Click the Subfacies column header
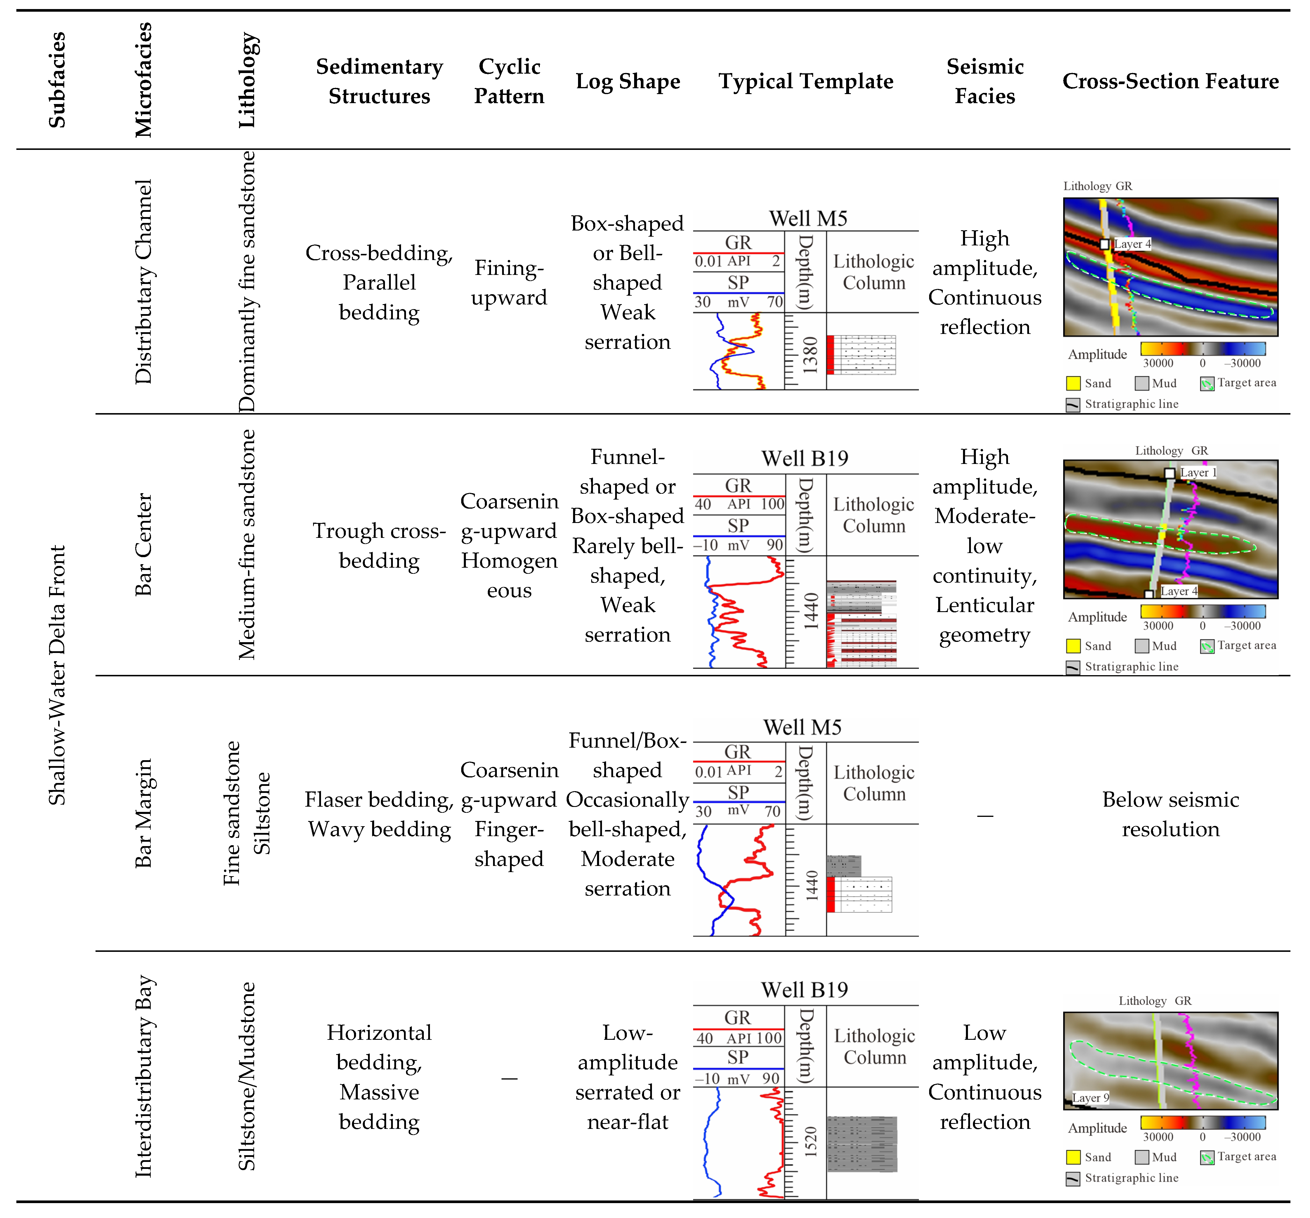click(57, 80)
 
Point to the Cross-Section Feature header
click(1170, 81)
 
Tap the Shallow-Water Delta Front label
click(57, 675)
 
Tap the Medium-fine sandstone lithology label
click(247, 544)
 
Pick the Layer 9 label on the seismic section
click(1091, 1097)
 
